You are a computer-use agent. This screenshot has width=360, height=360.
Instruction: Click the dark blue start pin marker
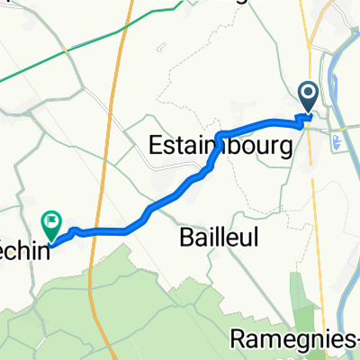click(308, 94)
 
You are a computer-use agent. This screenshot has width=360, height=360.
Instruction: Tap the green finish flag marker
click(52, 220)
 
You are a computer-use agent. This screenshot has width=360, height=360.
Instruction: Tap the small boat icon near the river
click(337, 140)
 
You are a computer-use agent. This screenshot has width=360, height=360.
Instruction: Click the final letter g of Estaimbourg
click(284, 149)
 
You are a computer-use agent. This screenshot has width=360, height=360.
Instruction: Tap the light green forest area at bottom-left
click(54, 306)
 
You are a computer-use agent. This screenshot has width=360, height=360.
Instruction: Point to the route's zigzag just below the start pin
click(307, 116)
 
